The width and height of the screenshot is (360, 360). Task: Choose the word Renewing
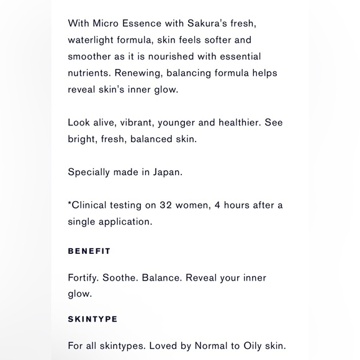tap(140, 73)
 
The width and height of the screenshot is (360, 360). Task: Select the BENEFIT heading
tap(89, 251)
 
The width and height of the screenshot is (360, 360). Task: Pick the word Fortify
tap(84, 278)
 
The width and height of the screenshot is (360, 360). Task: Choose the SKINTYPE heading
tap(92, 319)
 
